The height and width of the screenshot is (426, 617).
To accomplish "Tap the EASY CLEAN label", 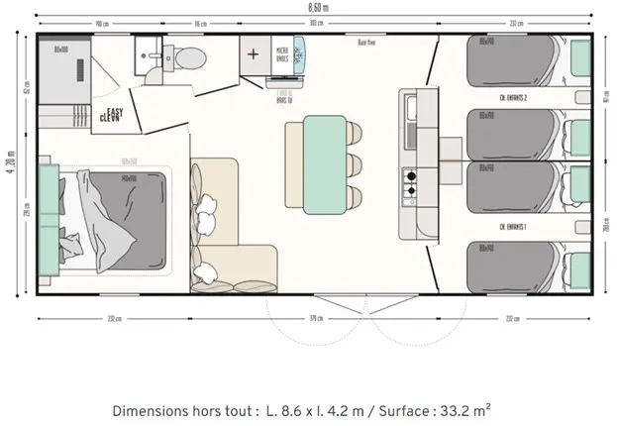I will click(x=112, y=115).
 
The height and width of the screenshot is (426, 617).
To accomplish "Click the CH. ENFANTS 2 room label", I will click(x=512, y=98).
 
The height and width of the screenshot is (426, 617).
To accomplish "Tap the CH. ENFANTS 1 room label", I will click(x=512, y=227).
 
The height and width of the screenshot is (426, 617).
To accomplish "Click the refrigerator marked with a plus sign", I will click(x=255, y=53).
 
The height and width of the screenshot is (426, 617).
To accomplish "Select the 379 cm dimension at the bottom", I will click(x=316, y=318).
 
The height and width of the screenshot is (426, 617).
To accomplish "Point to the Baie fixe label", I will click(x=365, y=43).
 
